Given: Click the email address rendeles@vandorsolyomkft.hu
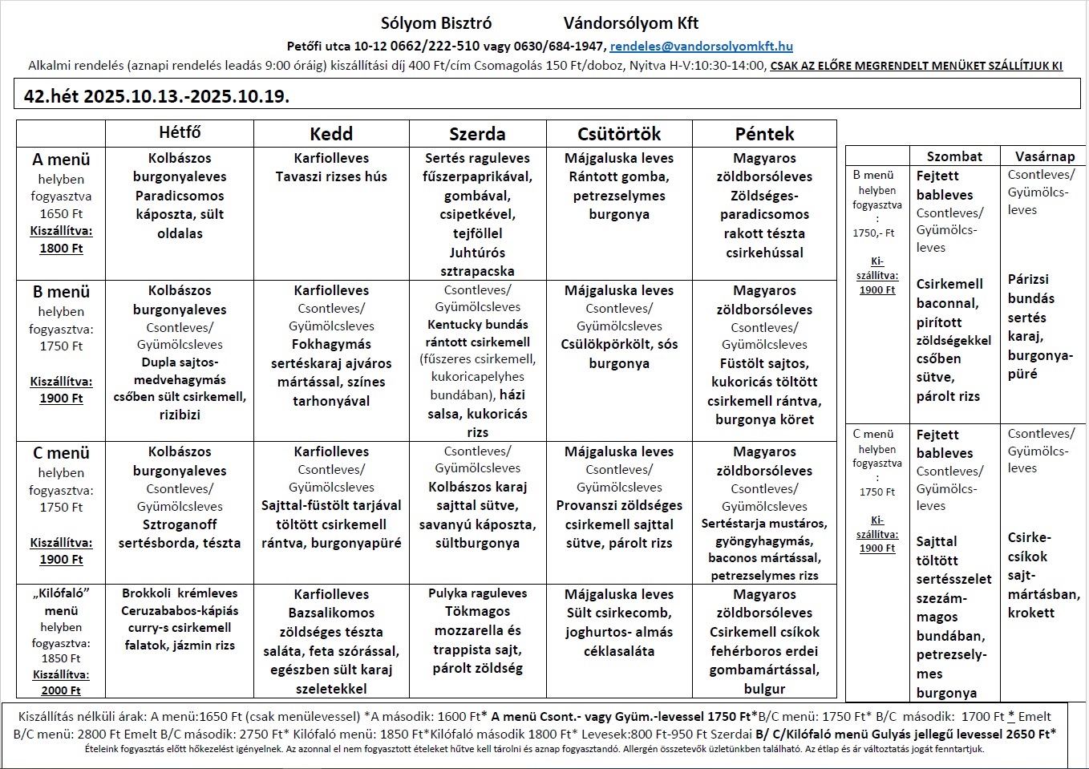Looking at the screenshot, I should coord(701,47).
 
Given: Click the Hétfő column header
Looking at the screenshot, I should coord(180,132).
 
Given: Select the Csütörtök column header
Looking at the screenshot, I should coord(619,134).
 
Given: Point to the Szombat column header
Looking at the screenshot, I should coord(954,156).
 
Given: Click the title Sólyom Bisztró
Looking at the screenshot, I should coord(436,23).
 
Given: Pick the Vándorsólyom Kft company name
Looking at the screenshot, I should coord(631,23).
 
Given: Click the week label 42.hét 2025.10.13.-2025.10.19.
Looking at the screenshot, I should coord(157,96).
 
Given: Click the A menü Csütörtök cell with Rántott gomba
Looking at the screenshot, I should coord(619,186).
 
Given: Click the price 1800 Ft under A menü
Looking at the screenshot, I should coord(61,249).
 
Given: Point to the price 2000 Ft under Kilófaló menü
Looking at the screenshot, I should coord(61,690).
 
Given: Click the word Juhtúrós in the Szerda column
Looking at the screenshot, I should coord(477,253).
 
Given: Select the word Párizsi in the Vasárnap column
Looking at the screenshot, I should coord(1028,279).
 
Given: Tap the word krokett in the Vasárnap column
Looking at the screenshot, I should coord(1030,613).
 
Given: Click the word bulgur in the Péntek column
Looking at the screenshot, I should coord(764,689).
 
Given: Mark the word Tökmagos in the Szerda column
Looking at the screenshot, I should coord(477,612).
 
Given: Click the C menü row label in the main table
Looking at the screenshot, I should coord(61,453).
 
